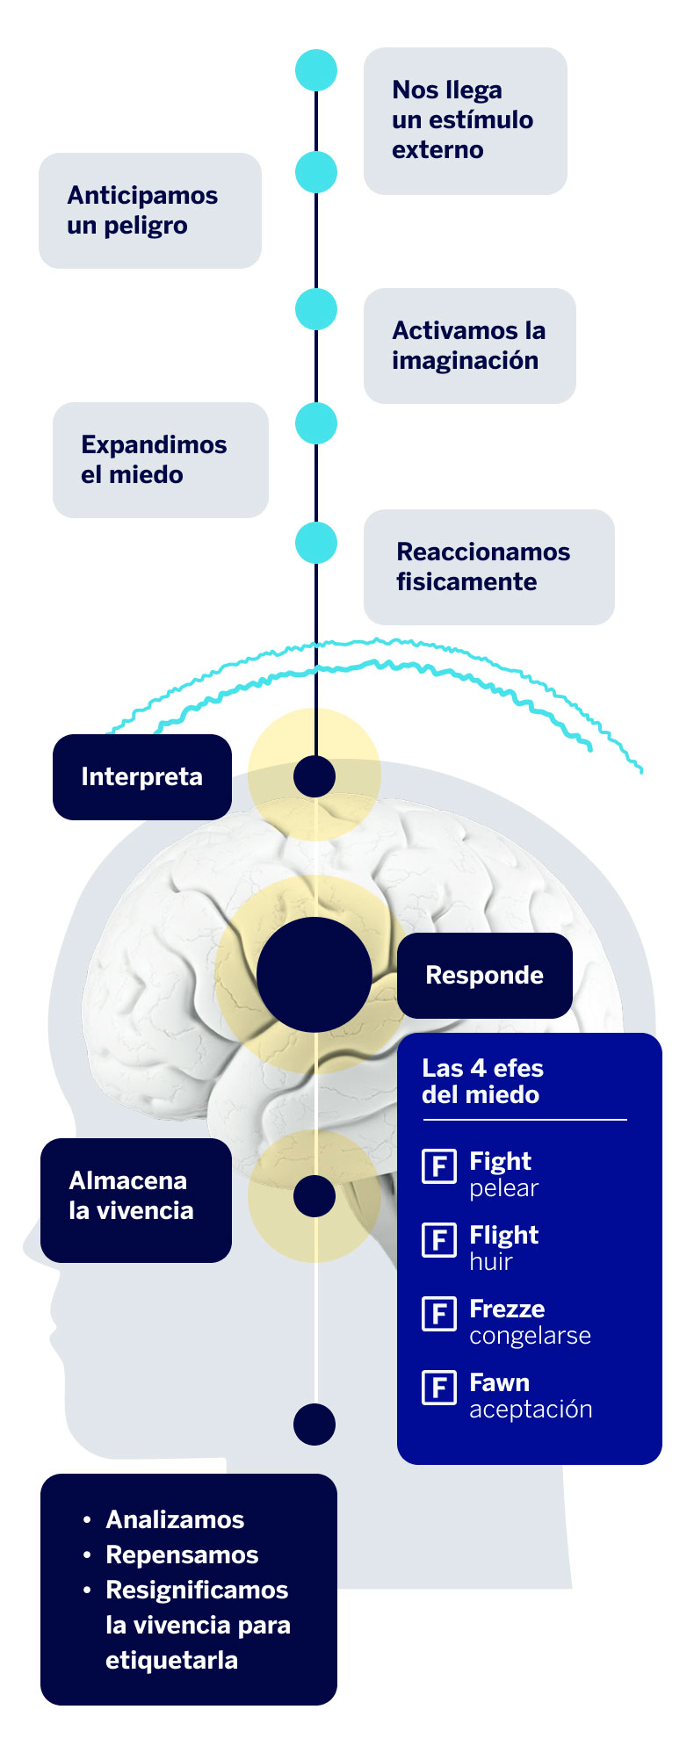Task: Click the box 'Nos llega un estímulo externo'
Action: [465, 120]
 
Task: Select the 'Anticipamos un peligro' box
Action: [149, 211]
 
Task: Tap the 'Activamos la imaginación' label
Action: [469, 345]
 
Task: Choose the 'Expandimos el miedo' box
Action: [160, 459]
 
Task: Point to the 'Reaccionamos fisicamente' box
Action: [488, 566]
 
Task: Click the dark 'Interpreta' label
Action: [142, 777]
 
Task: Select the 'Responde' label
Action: [484, 975]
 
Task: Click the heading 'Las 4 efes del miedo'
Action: [483, 1081]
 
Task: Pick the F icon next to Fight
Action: [439, 1166]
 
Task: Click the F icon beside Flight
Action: [439, 1240]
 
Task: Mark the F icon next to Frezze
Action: [439, 1314]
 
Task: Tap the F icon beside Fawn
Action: [439, 1388]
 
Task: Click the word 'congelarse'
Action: [530, 1336]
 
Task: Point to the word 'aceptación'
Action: [531, 1410]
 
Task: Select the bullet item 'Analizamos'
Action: [175, 1520]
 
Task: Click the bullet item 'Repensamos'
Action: [182, 1555]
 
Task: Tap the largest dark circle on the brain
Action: [314, 975]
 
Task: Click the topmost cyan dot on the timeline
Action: [316, 70]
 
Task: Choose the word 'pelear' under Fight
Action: [503, 1188]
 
